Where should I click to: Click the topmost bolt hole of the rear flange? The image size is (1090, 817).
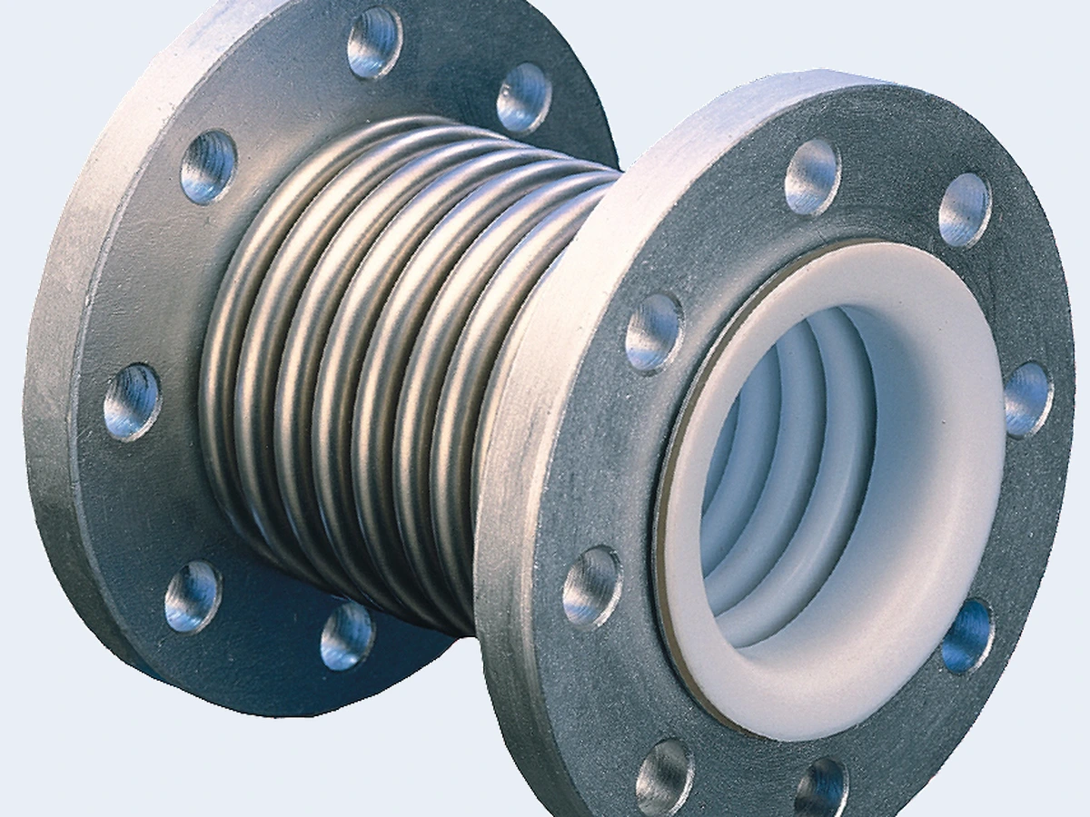[x=375, y=43]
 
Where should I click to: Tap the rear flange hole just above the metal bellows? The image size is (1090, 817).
[x=524, y=98]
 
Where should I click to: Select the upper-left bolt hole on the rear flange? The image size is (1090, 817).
[x=208, y=167]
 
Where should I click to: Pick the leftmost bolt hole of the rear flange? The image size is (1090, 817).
[x=132, y=401]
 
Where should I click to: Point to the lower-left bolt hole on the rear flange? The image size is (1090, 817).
[x=193, y=596]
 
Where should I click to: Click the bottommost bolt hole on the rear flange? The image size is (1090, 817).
[x=346, y=635]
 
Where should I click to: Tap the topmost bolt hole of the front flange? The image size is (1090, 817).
[x=812, y=177]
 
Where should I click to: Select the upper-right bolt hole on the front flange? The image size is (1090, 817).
[x=964, y=210]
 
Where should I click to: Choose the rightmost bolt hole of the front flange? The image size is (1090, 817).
[x=1028, y=399]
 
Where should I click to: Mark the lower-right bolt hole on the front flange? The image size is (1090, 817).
[x=966, y=635]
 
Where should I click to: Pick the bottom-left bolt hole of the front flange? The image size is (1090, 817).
[x=665, y=776]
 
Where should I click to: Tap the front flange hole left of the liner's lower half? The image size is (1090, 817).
[x=591, y=586]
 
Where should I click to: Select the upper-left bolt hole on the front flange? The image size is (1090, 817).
[x=653, y=331]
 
